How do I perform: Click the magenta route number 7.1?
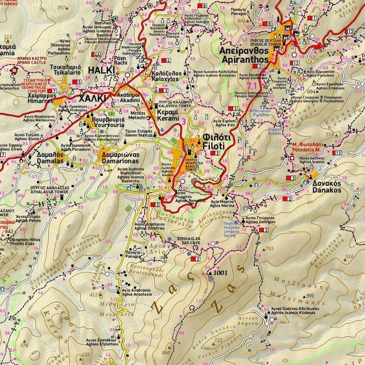coord(252,86)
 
